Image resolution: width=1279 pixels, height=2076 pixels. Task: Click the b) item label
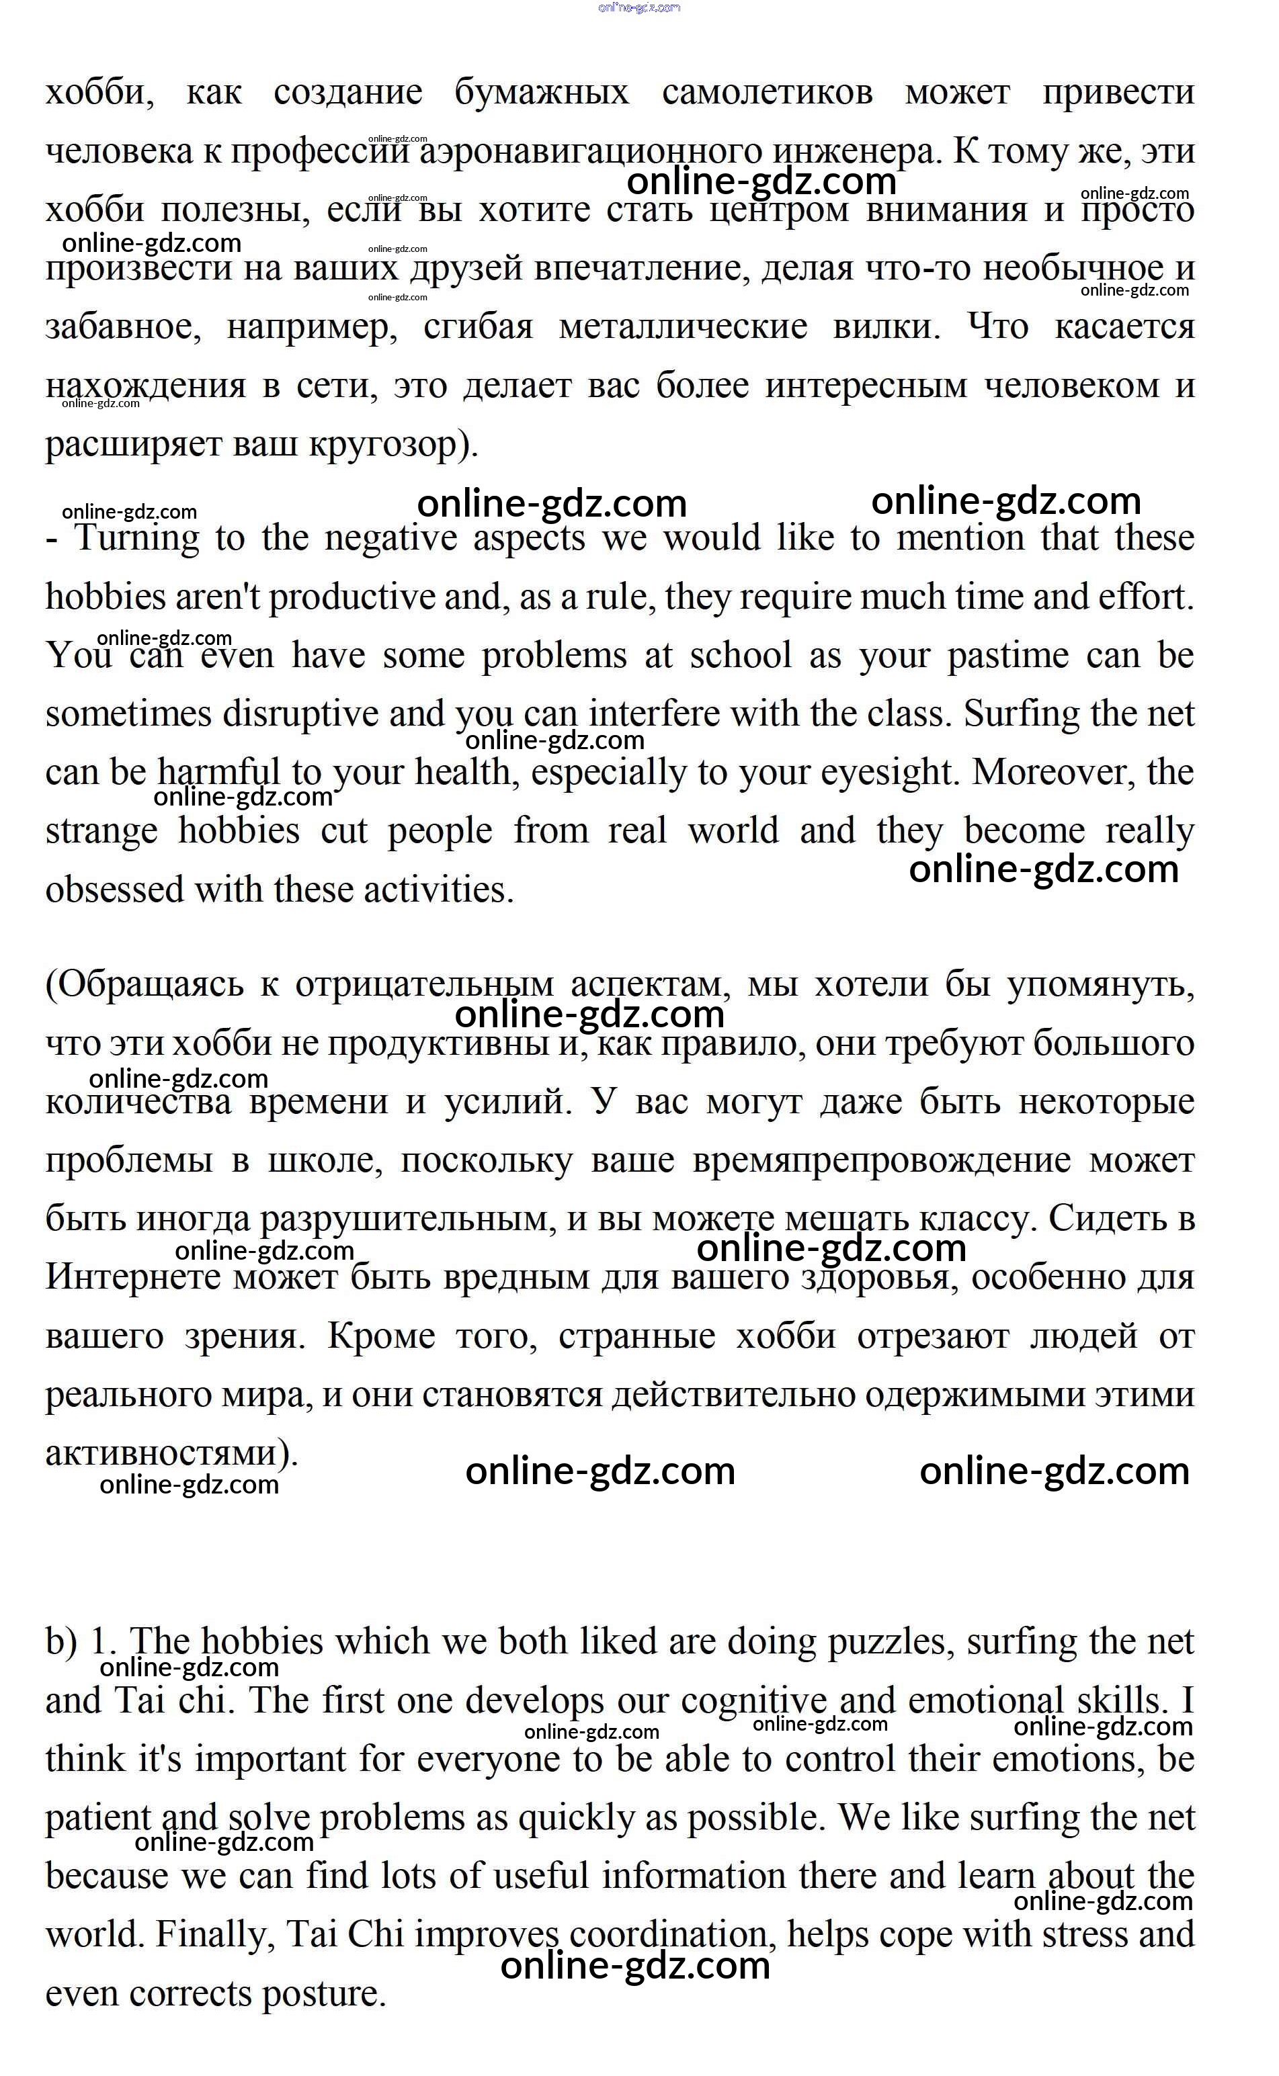[x=61, y=1642]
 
